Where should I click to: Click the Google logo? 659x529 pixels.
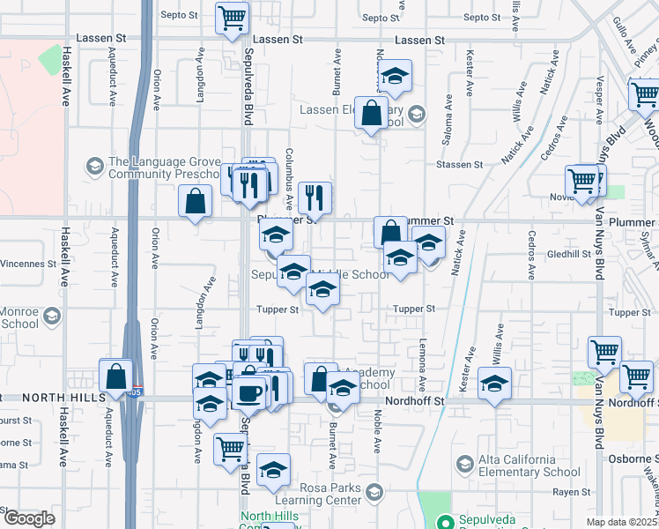(29, 518)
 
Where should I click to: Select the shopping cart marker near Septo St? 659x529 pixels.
(232, 17)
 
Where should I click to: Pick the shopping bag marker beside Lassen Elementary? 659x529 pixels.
(372, 112)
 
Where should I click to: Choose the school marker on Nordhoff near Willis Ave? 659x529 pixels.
(495, 384)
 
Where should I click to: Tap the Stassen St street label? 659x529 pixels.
(460, 165)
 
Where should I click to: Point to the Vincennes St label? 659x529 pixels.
(27, 264)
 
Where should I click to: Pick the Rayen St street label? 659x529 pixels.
(571, 493)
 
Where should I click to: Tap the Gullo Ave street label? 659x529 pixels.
(622, 33)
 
